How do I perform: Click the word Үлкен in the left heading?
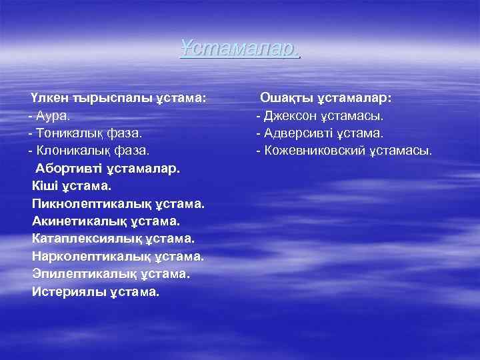coord(48,98)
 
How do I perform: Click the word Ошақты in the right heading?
coord(285,98)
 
